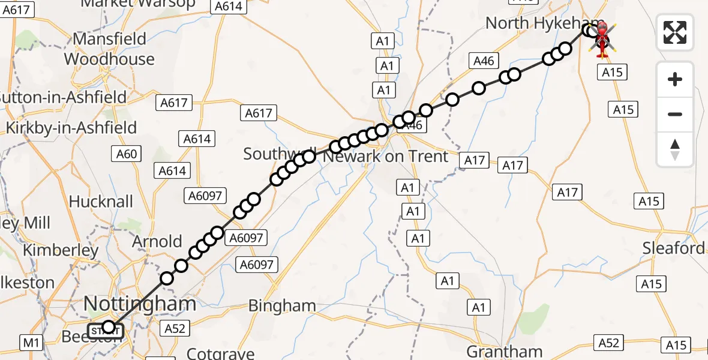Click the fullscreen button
pos(675,32)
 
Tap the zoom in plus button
pos(675,79)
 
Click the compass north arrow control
pos(675,149)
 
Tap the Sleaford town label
pos(673,248)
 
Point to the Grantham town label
pos(504,351)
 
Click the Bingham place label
pos(281,305)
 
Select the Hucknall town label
pos(101,201)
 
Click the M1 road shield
pos(31,343)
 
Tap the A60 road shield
pos(127,154)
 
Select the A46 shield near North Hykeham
pos(484,61)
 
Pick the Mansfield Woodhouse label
pos(109,49)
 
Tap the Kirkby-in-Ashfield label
pos(71,127)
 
